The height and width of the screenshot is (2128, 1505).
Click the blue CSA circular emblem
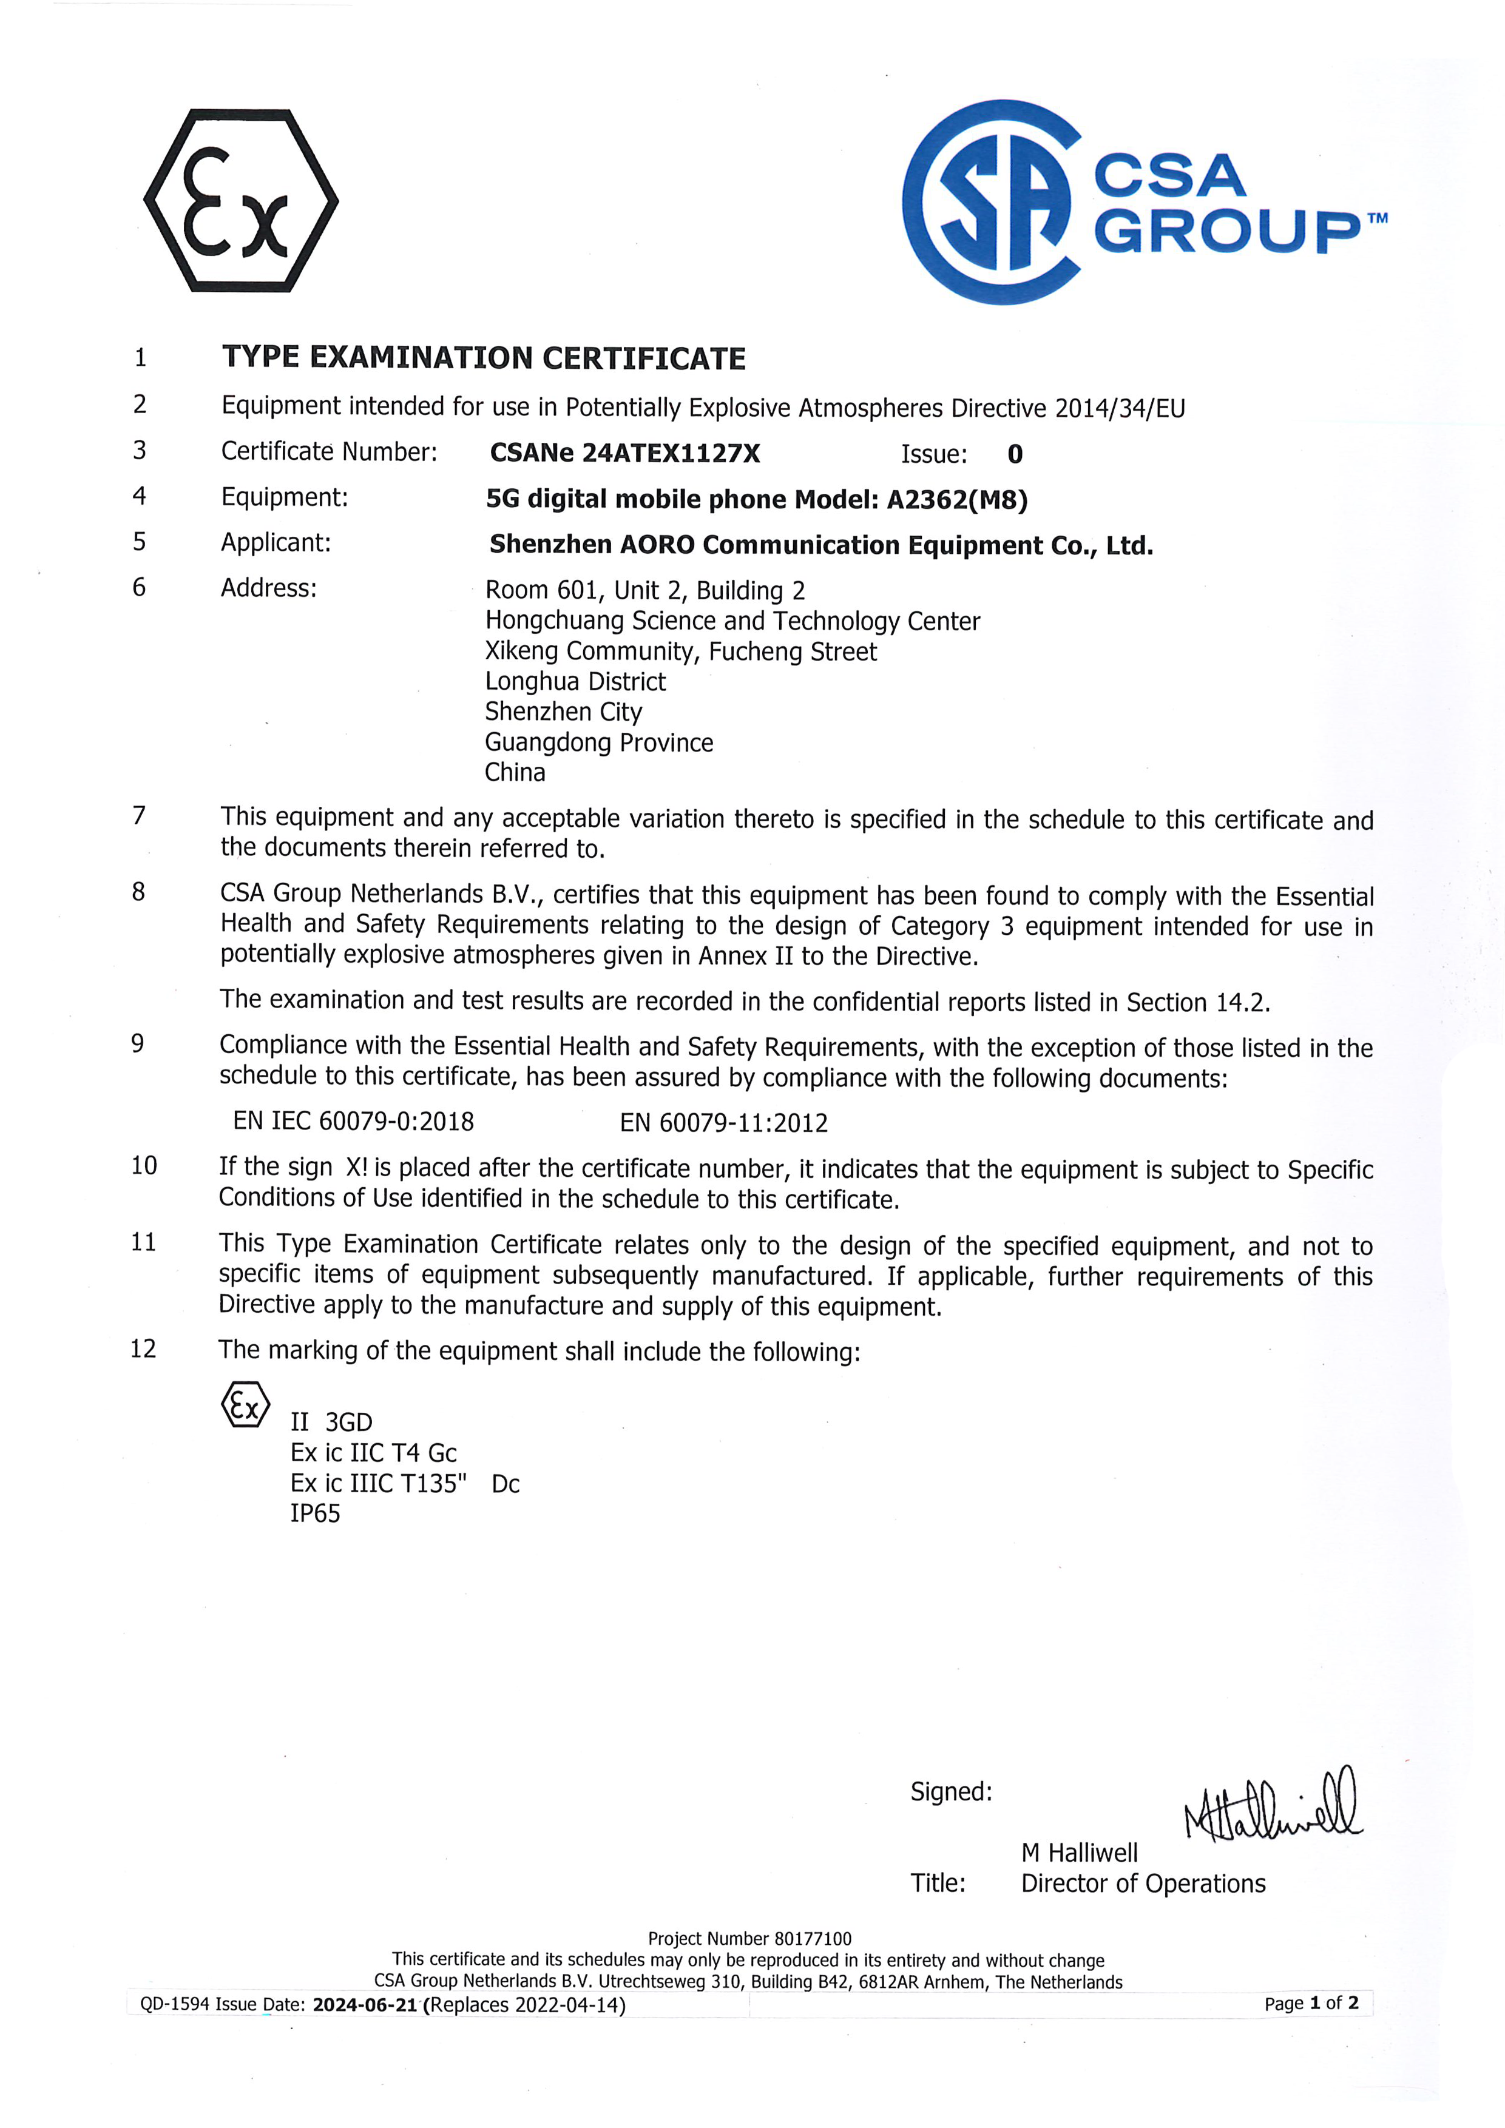tap(990, 201)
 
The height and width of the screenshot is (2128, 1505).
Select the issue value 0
tap(1015, 454)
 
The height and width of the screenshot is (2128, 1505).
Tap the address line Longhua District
tap(575, 682)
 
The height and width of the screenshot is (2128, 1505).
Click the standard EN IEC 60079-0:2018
tap(353, 1122)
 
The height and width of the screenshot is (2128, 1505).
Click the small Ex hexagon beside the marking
tap(245, 1404)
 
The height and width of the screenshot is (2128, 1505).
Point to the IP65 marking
tap(316, 1514)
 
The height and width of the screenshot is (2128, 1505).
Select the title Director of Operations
tap(1143, 1884)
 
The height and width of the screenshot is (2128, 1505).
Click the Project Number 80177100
tap(749, 1938)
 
